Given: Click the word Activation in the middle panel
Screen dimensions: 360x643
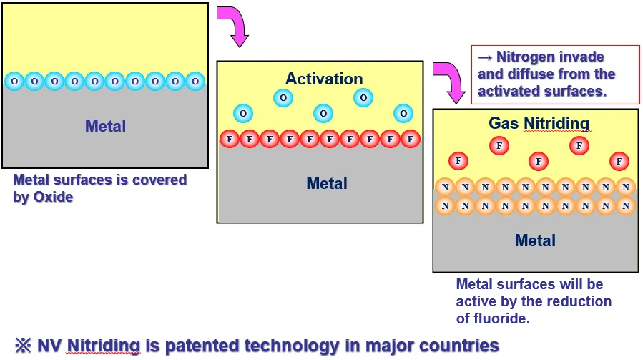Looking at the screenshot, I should pyautogui.click(x=324, y=79).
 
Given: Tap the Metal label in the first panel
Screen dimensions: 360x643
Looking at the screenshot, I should pyautogui.click(x=105, y=126).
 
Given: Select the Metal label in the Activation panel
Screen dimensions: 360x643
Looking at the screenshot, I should pyautogui.click(x=327, y=183).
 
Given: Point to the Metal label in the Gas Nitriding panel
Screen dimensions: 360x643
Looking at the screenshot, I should pyautogui.click(x=535, y=240).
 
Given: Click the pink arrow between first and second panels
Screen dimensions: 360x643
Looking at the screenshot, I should pyautogui.click(x=237, y=26).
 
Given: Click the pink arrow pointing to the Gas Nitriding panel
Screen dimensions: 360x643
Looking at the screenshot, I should pyautogui.click(x=449, y=80).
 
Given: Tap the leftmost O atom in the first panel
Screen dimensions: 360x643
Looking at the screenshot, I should pyautogui.click(x=14, y=82).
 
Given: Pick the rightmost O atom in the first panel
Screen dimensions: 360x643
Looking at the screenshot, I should pyautogui.click(x=195, y=82).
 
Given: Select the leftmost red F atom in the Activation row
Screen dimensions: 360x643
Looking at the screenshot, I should pyautogui.click(x=230, y=139).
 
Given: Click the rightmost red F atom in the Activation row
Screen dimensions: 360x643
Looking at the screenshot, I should pyautogui.click(x=410, y=139).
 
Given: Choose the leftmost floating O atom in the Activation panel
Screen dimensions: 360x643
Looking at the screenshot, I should pyautogui.click(x=243, y=113).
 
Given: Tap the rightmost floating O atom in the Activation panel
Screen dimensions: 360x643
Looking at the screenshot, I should pyautogui.click(x=403, y=113).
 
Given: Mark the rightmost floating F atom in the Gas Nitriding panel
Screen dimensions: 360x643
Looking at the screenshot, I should pyautogui.click(x=619, y=161).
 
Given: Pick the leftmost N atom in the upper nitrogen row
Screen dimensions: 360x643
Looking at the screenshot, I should pyautogui.click(x=446, y=188).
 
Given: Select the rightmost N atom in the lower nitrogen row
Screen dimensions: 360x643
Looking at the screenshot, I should pyautogui.click(x=625, y=206).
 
